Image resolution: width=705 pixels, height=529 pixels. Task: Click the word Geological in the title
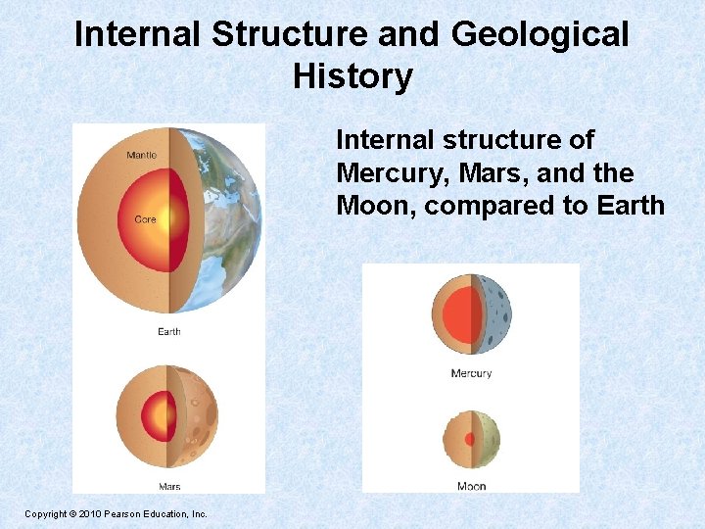tap(540, 35)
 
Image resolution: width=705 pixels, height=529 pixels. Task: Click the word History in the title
tap(352, 76)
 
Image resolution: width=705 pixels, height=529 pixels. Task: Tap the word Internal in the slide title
tap(137, 35)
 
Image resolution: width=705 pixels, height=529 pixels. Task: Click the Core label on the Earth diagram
tap(145, 219)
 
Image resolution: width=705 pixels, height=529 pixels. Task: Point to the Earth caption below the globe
tap(168, 332)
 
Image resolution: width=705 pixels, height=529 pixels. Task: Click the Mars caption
tap(168, 487)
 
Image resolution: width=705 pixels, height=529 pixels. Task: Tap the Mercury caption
tap(471, 373)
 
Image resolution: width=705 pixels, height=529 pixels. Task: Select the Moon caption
tap(471, 487)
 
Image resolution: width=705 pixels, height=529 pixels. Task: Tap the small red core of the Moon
tap(469, 440)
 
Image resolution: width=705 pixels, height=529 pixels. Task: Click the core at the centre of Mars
tap(156, 417)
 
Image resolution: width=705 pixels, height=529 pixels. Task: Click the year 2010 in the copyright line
tap(87, 513)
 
